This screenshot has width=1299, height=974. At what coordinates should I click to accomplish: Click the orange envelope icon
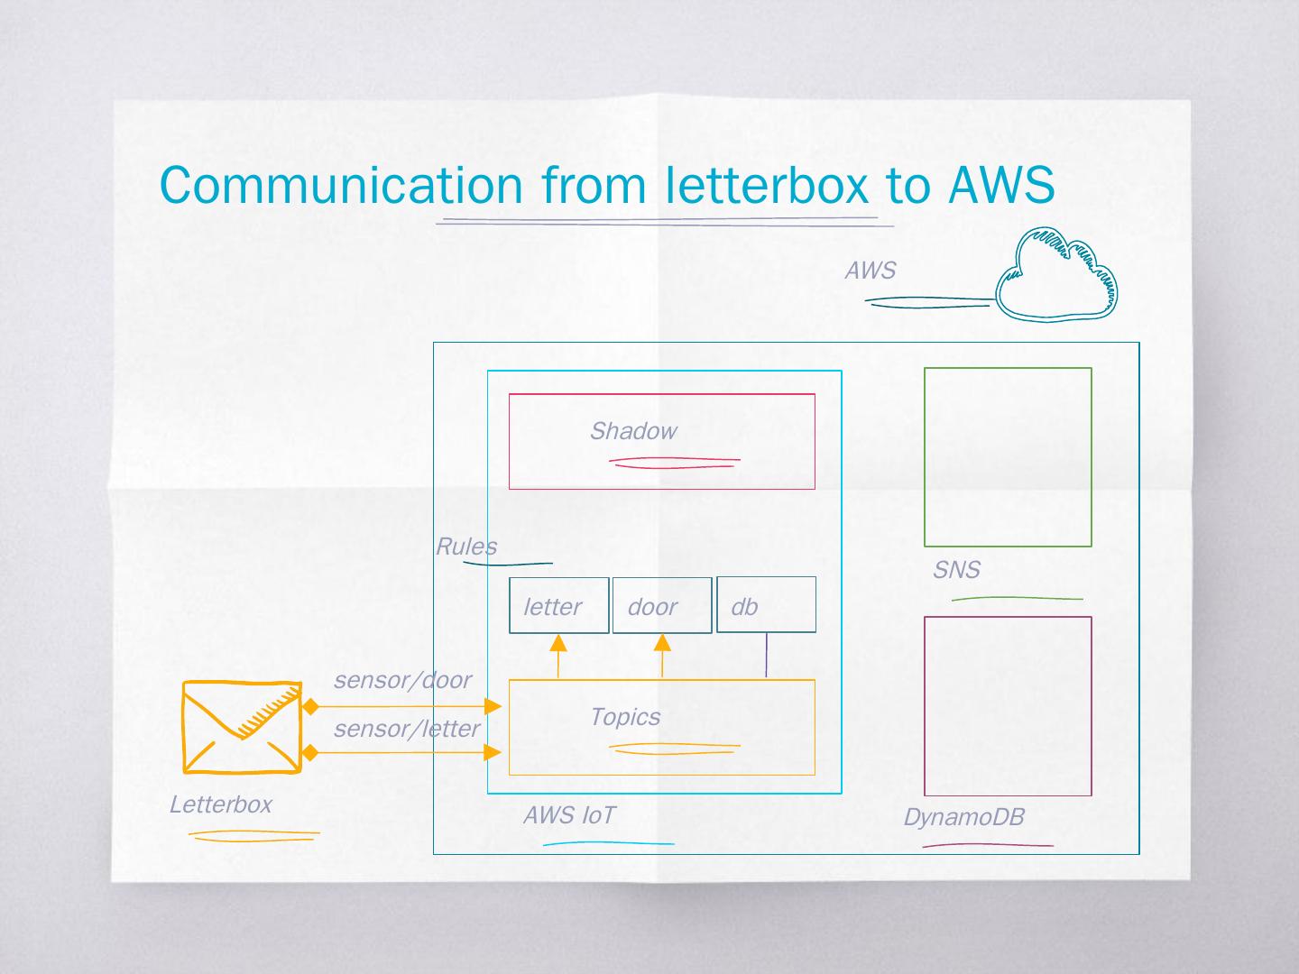point(242,727)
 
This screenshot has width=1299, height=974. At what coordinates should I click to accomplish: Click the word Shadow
point(632,431)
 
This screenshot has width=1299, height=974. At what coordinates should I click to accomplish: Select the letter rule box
point(558,605)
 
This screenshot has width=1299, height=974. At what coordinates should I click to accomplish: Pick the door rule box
point(661,605)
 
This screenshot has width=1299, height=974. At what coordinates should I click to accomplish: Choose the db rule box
point(766,605)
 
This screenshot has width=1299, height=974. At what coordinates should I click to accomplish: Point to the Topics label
point(625,717)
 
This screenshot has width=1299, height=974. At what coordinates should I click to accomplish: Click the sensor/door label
point(402,680)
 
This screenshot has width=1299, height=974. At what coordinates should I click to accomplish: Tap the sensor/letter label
point(406,729)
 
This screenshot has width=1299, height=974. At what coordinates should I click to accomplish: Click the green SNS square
point(1008,457)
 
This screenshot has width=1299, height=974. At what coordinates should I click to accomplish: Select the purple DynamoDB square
point(1008,706)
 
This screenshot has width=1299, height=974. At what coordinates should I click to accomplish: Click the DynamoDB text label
point(964,818)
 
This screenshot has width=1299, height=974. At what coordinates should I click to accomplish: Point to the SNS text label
point(956,570)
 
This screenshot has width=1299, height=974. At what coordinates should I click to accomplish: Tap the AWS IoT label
point(569,816)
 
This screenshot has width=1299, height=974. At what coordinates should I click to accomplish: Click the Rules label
point(465,547)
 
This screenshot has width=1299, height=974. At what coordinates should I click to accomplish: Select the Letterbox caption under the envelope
point(221,804)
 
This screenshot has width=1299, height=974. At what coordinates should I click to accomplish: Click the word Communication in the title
point(341,185)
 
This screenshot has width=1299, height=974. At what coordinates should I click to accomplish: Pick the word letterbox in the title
point(768,185)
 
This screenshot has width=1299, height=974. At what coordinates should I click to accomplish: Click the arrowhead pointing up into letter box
point(558,643)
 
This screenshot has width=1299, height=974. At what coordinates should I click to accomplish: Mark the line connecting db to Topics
point(766,656)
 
